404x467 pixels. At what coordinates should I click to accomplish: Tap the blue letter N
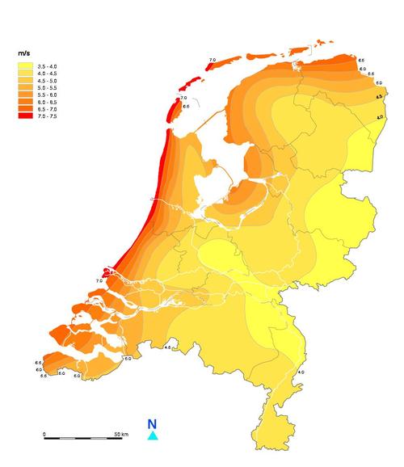tap(152, 423)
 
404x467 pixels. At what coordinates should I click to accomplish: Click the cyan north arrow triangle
tap(152, 436)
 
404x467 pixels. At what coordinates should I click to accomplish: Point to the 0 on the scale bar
tap(44, 434)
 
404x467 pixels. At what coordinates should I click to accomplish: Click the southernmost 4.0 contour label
tap(301, 372)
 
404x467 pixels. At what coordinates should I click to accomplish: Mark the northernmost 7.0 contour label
tap(213, 61)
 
